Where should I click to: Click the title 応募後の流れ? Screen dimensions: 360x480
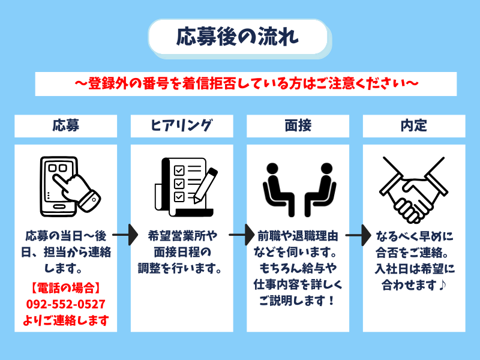click(238, 37)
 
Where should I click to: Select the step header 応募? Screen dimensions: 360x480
click(65, 125)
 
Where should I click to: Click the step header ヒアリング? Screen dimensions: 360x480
click(181, 125)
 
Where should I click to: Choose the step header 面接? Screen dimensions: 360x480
click(298, 125)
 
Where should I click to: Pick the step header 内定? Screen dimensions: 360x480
click(413, 125)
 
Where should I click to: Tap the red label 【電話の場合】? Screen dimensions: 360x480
click(65, 287)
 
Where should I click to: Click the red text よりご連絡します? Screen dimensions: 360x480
click(65, 320)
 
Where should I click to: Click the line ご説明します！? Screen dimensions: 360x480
click(298, 299)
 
